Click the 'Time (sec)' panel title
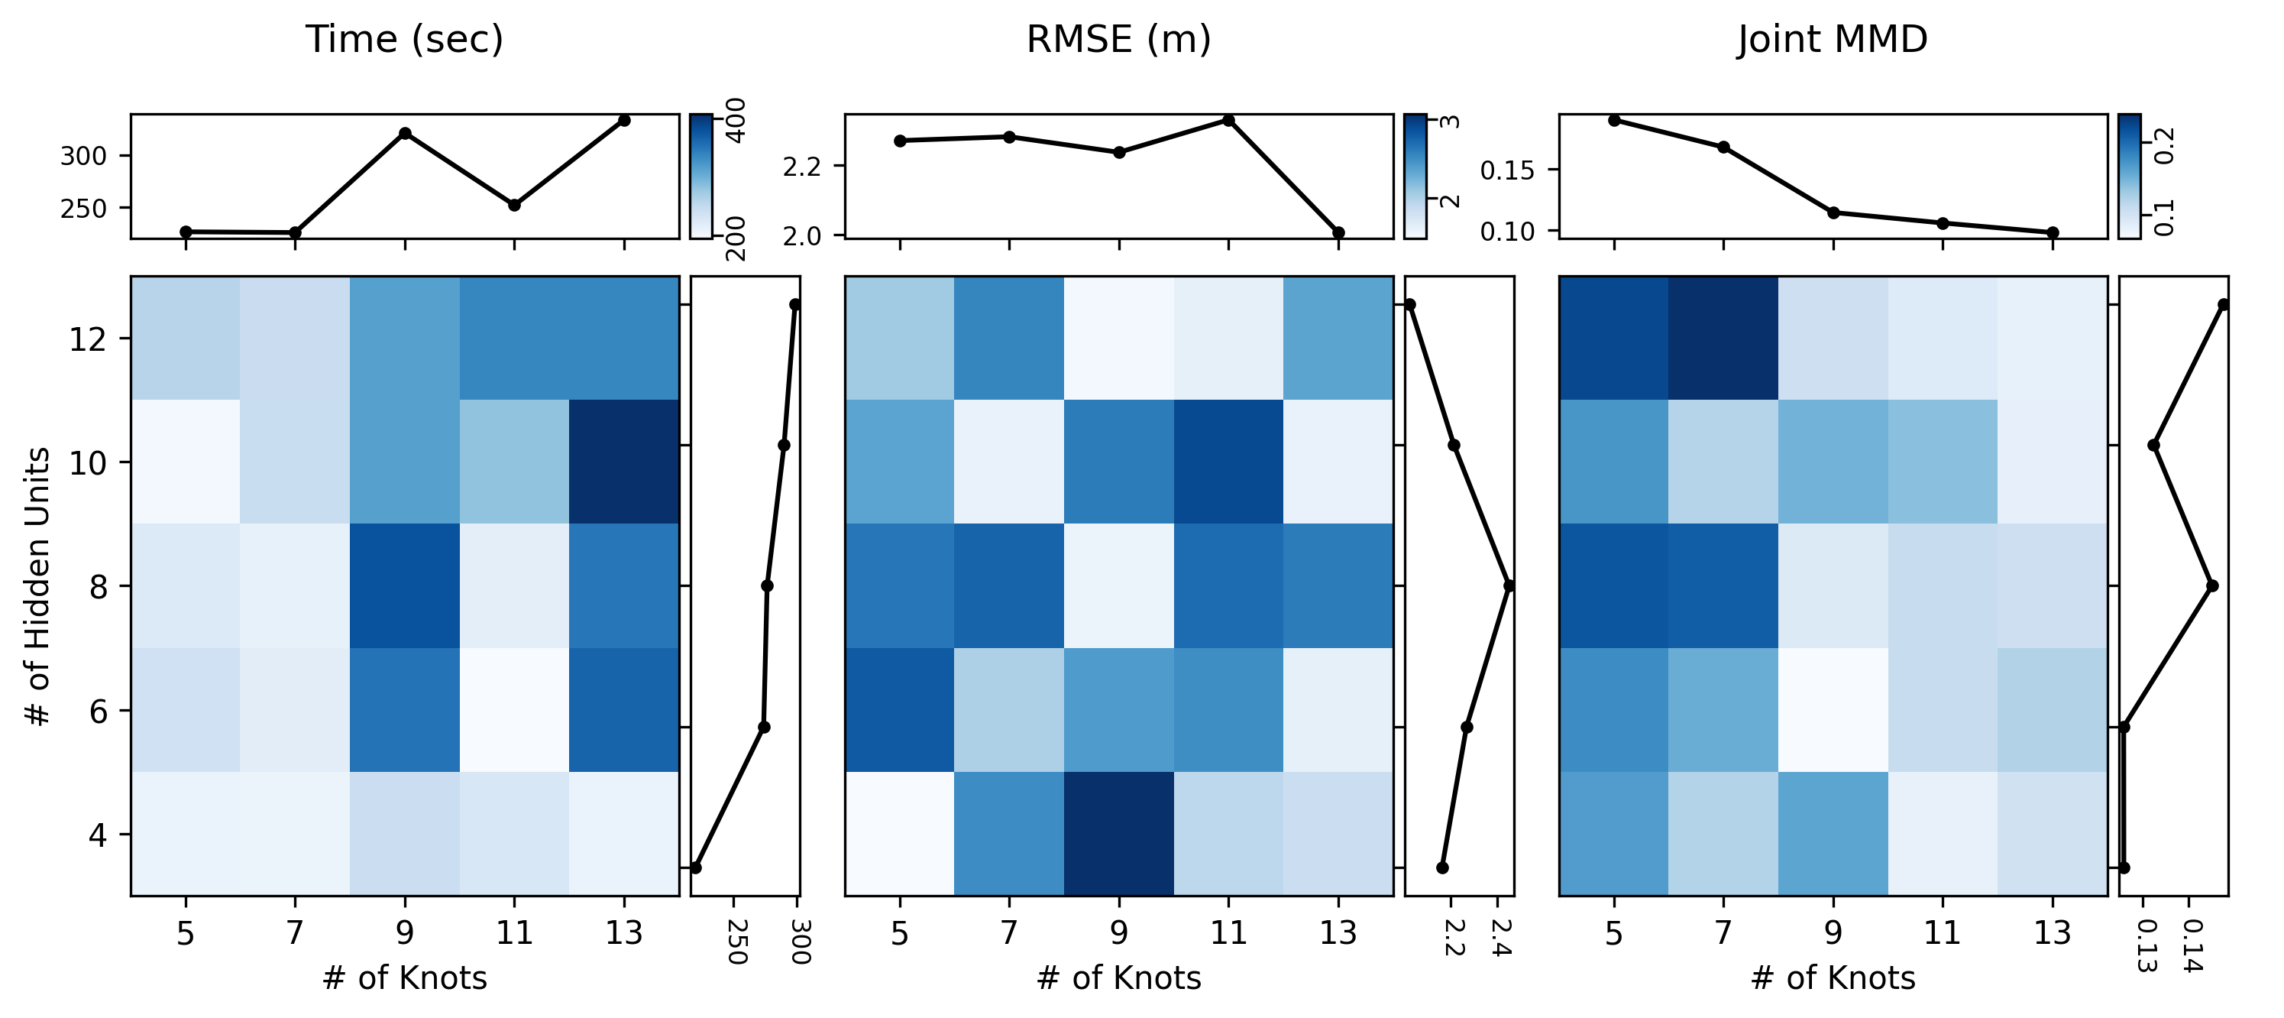(x=404, y=40)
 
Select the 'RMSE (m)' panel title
(x=1118, y=40)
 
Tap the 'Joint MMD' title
(x=1832, y=40)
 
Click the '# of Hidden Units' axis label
(x=38, y=586)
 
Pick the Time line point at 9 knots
(x=404, y=134)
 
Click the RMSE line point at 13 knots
(x=1338, y=233)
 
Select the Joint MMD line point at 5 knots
(x=1613, y=121)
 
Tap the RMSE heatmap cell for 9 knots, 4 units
(x=1118, y=834)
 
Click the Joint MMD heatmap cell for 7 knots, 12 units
(x=1723, y=338)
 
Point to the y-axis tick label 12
(x=88, y=339)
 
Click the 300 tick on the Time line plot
(x=82, y=156)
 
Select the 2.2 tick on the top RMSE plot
(x=801, y=167)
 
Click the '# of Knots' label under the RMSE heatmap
(x=1118, y=978)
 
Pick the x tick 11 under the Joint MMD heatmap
(x=1942, y=933)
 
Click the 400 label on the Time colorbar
(x=735, y=121)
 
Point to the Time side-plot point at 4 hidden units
(x=695, y=867)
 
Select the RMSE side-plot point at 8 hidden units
(x=1508, y=585)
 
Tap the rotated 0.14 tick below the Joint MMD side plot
(x=2192, y=946)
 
